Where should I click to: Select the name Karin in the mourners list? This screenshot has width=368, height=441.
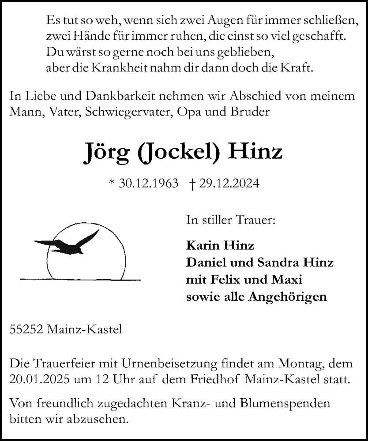(x=201, y=245)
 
